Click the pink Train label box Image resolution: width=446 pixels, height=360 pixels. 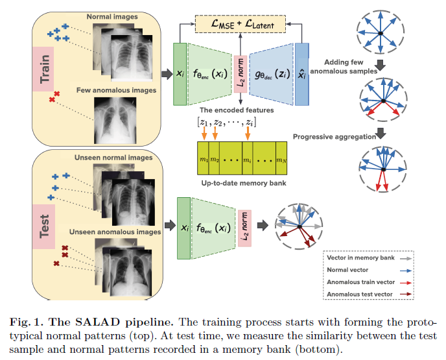coord(44,71)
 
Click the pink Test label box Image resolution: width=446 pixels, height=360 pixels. coord(45,222)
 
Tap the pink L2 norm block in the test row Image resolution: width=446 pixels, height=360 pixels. coord(245,228)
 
